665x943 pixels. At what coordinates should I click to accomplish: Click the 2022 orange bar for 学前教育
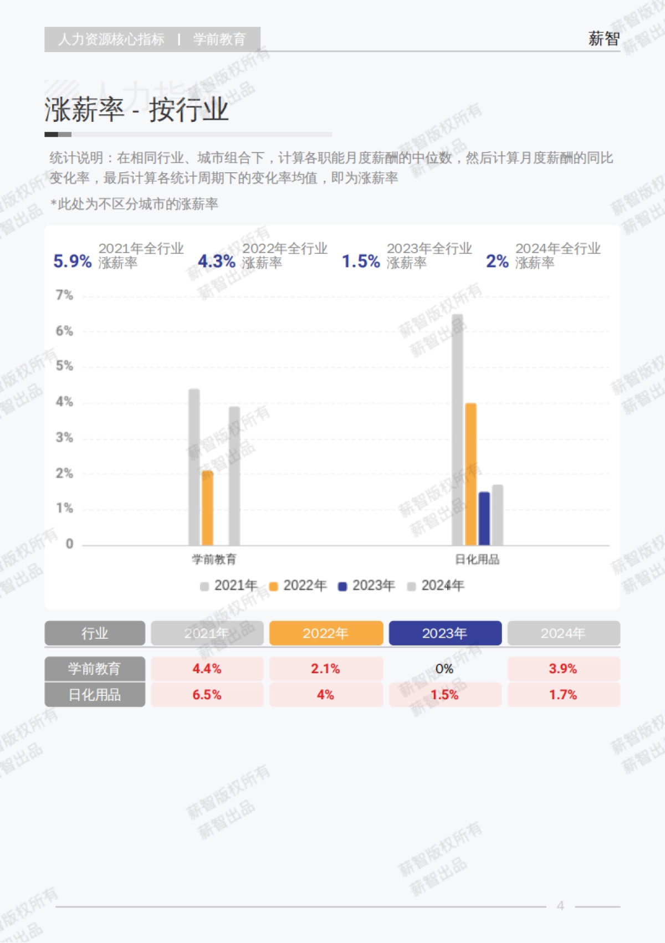click(207, 508)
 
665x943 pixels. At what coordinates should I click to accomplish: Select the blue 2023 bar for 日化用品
click(484, 519)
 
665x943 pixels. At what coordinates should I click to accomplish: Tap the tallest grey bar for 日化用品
click(457, 429)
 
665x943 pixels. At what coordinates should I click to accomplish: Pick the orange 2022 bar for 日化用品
click(470, 474)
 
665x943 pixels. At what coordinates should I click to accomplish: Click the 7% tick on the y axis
click(64, 295)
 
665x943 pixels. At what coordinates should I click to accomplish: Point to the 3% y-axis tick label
click(64, 438)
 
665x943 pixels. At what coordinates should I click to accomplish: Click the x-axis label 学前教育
click(214, 560)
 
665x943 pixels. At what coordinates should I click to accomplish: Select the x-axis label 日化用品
click(477, 560)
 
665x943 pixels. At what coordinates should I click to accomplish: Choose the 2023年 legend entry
click(366, 586)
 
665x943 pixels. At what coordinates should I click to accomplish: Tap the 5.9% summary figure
click(72, 261)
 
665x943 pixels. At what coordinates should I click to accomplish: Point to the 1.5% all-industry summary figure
click(361, 261)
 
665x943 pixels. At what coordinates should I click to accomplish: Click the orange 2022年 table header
click(326, 633)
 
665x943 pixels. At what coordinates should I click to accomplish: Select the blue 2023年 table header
click(445, 633)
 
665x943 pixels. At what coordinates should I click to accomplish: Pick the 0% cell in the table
click(444, 669)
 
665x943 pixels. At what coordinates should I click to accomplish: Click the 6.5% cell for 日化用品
click(207, 695)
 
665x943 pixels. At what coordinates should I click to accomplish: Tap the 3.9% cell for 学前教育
click(563, 669)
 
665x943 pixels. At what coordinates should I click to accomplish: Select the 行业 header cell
click(95, 633)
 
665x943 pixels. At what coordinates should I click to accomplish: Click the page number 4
click(560, 906)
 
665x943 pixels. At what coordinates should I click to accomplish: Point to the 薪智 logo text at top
click(603, 39)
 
